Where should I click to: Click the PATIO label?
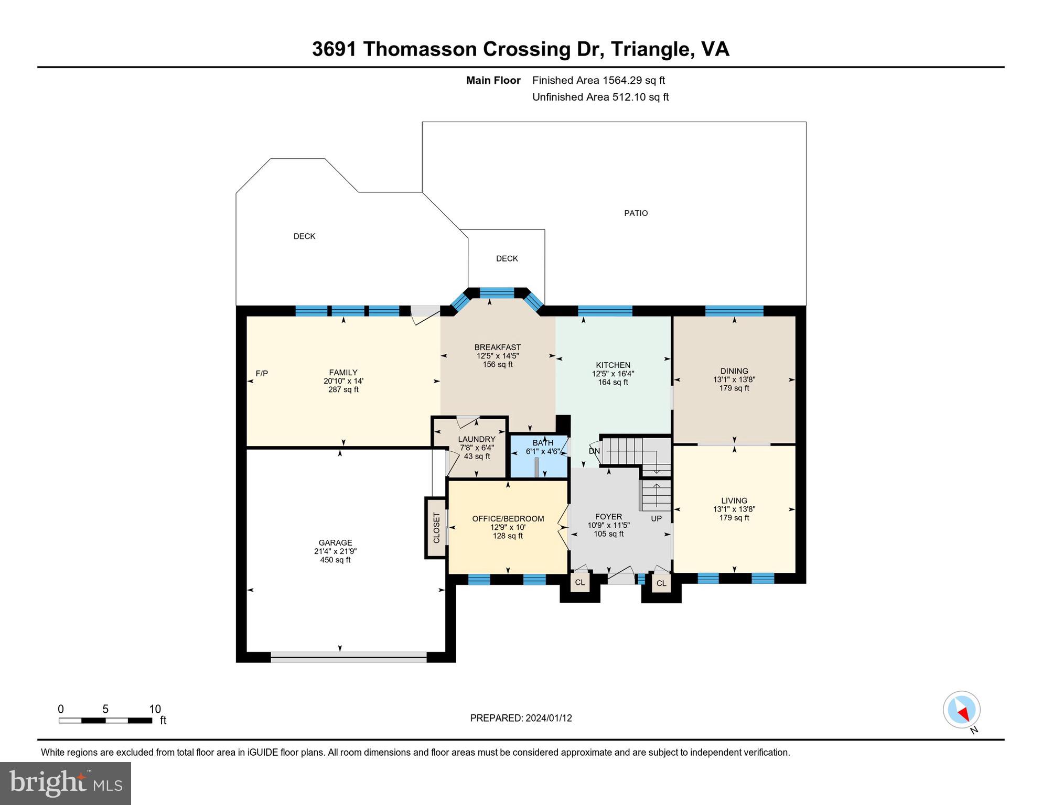[x=636, y=213]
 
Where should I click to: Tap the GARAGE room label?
[x=335, y=543]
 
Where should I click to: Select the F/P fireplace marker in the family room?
[x=262, y=373]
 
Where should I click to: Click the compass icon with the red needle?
[x=961, y=710]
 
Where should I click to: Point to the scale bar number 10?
[x=155, y=710]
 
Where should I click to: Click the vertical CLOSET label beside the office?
[x=436, y=528]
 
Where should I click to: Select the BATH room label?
[x=543, y=443]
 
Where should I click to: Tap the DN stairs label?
[x=594, y=451]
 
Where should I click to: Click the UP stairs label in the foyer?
[x=656, y=518]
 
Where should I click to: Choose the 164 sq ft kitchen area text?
[x=613, y=383]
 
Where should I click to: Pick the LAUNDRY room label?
[x=476, y=439]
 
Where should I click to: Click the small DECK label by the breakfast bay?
[x=507, y=258]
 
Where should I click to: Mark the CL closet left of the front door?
[x=580, y=583]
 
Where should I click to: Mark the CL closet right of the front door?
[x=661, y=583]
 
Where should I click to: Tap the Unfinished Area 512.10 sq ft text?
[x=600, y=97]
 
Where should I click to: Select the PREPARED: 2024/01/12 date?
[x=521, y=718]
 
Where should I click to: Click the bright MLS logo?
[x=66, y=784]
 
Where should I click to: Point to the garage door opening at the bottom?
[x=349, y=657]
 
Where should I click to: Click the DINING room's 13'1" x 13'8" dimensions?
[x=734, y=379]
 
